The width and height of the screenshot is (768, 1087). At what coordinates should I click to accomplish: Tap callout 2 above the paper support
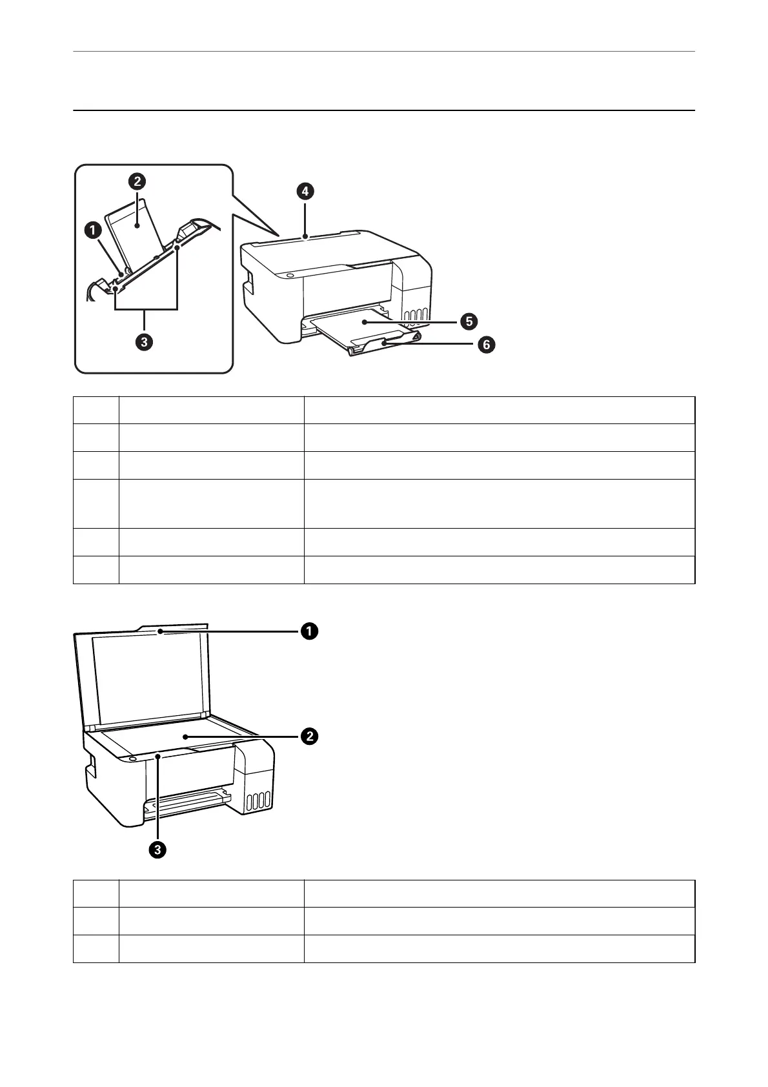coord(137,181)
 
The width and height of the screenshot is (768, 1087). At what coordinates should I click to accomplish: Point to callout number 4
coord(305,190)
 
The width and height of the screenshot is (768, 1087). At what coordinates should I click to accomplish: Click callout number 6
coord(486,345)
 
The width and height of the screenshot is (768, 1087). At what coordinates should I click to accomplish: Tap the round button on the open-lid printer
coord(133,760)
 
